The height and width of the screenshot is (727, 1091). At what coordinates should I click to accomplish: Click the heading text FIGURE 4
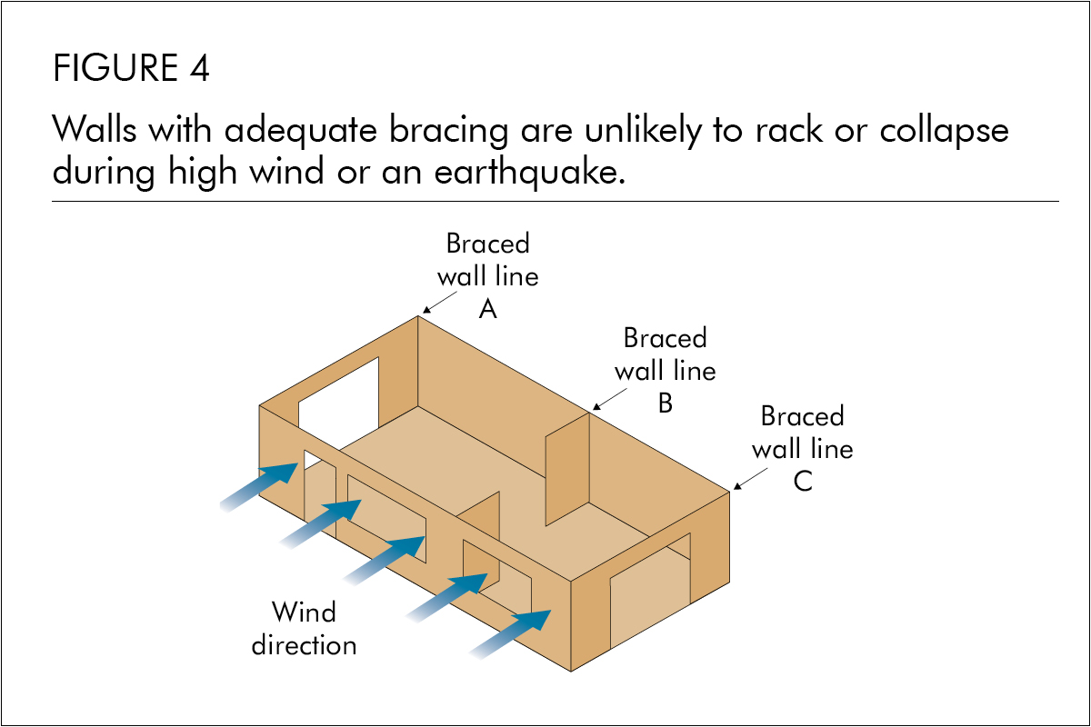click(132, 68)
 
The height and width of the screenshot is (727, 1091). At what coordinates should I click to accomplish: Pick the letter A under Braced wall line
click(488, 310)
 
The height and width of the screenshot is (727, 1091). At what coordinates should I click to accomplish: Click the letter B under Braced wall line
click(665, 403)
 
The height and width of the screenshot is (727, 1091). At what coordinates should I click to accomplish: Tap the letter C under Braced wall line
click(802, 482)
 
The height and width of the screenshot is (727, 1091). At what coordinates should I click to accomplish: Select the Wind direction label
click(304, 628)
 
